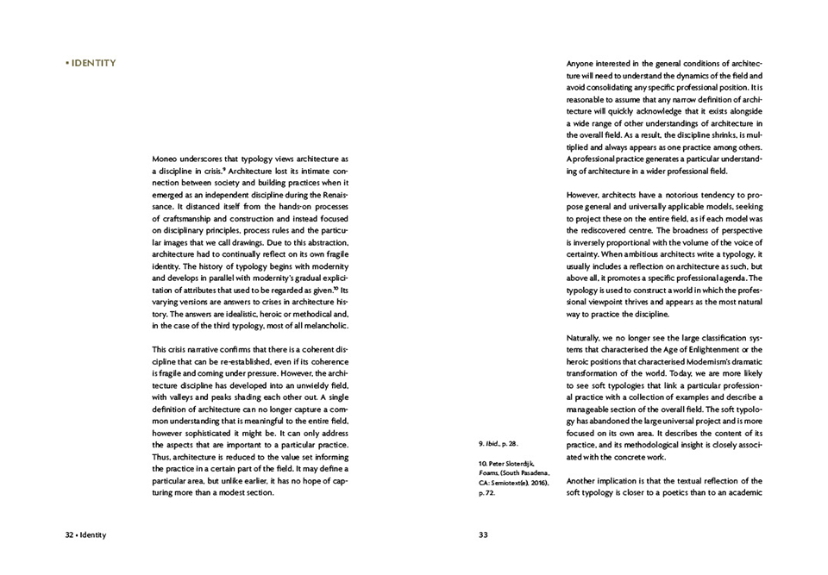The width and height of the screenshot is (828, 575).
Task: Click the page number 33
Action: pyautogui.click(x=483, y=535)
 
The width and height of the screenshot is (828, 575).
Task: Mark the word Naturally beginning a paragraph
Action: pyautogui.click(x=587, y=336)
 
